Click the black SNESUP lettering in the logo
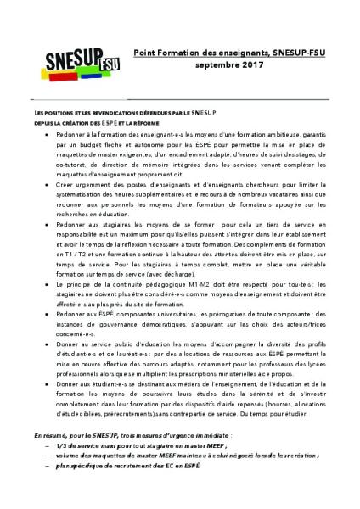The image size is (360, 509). click(x=65, y=58)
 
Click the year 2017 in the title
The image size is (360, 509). click(x=245, y=64)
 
